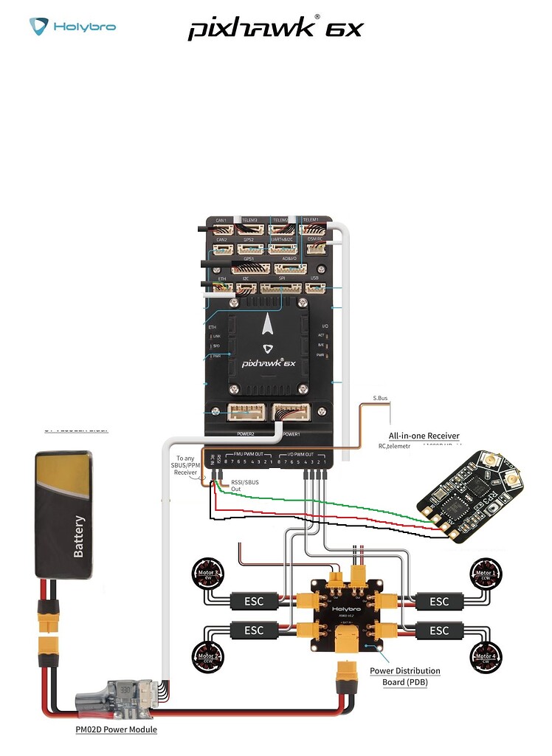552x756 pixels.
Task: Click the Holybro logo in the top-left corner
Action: pyautogui.click(x=72, y=27)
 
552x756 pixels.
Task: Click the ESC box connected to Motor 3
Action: pyautogui.click(x=254, y=601)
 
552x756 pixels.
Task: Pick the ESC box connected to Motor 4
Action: pyautogui.click(x=439, y=630)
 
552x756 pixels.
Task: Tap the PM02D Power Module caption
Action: pyautogui.click(x=116, y=729)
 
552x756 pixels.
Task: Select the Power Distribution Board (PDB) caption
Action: pyautogui.click(x=404, y=676)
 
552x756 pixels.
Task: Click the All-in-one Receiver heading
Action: pyautogui.click(x=424, y=436)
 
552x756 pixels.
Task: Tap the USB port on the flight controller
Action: pyautogui.click(x=315, y=286)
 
